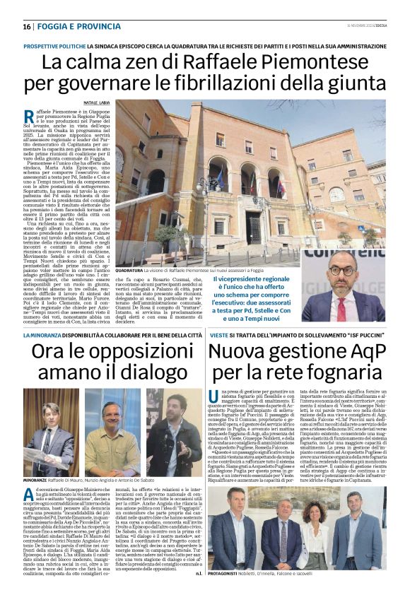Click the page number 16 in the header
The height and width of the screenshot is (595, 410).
click(27, 27)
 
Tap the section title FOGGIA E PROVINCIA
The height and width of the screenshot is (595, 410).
click(71, 27)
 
